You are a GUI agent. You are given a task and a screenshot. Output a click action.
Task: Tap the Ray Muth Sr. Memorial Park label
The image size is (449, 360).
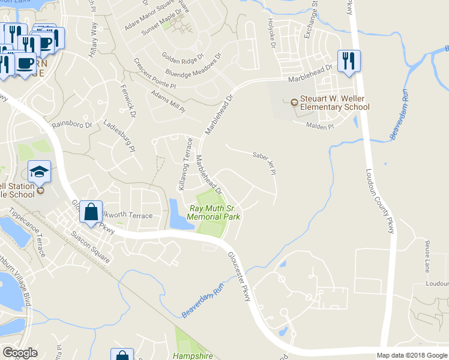[x=214, y=212]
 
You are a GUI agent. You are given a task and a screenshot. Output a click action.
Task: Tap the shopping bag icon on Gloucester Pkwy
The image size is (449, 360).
[x=91, y=212]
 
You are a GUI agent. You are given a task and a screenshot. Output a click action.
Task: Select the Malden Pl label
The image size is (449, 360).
[x=319, y=126]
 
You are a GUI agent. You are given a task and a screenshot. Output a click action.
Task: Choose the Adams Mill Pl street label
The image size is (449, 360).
[x=168, y=101]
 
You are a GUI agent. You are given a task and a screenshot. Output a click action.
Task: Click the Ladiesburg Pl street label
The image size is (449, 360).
[x=118, y=138]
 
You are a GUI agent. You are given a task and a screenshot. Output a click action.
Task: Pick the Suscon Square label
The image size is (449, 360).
[x=91, y=248]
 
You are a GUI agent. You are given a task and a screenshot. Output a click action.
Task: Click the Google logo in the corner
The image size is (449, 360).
[x=20, y=353]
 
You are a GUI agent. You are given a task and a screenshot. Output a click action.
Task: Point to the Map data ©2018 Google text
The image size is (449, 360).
[x=411, y=355]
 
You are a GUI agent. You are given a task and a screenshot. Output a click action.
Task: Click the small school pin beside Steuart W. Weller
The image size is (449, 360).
[x=294, y=103]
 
